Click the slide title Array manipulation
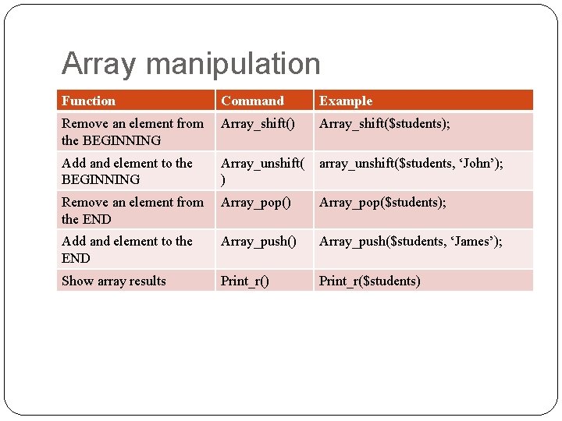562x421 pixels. [x=190, y=64]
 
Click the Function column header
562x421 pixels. [x=88, y=101]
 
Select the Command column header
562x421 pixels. [x=252, y=101]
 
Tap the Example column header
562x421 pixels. [x=346, y=101]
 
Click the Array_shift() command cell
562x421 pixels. [x=258, y=123]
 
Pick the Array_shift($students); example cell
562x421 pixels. [x=384, y=123]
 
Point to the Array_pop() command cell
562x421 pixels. [x=255, y=202]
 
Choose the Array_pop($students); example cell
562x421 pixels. [x=382, y=202]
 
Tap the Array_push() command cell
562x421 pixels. [x=258, y=241]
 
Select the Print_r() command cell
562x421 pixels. [x=244, y=281]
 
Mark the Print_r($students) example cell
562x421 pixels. [x=369, y=281]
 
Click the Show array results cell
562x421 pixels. [x=114, y=281]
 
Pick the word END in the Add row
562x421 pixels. [x=76, y=258]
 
